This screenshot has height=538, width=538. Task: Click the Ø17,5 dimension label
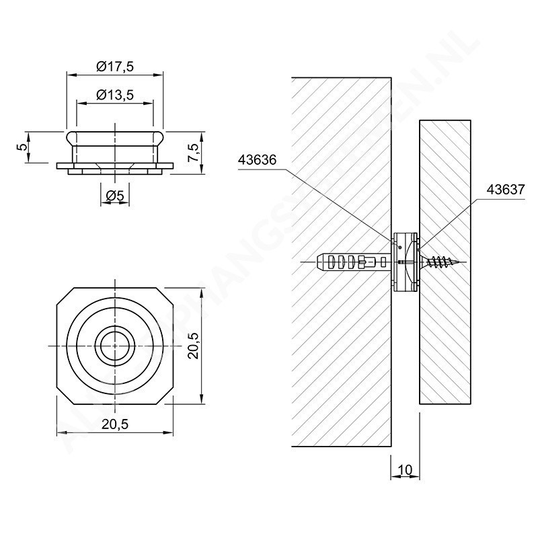click(115, 66)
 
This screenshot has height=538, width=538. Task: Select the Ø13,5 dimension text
click(115, 95)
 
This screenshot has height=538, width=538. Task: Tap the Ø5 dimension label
click(114, 196)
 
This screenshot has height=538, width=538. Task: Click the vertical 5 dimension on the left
click(22, 147)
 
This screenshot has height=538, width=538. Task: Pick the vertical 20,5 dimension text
click(192, 346)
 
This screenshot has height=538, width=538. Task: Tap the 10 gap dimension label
click(406, 468)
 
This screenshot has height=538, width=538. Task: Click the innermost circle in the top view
click(115, 346)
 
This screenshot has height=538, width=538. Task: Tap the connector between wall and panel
click(406, 261)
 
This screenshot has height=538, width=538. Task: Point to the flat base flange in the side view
click(115, 165)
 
